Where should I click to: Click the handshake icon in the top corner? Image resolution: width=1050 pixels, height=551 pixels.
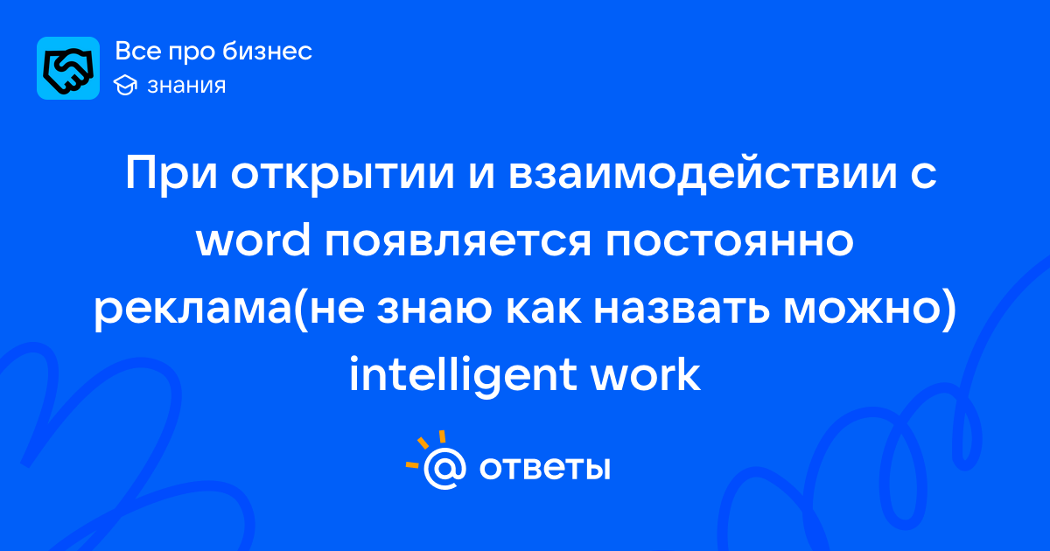click(68, 68)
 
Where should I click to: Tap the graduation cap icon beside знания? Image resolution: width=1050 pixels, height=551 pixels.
click(125, 85)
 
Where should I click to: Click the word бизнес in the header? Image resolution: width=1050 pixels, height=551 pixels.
click(267, 51)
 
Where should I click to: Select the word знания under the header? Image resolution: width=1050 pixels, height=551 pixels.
click(186, 86)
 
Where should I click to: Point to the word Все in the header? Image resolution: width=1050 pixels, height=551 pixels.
click(138, 51)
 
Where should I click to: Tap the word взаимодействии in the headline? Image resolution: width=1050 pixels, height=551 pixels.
click(703, 172)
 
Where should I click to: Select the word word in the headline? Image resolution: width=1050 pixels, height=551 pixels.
click(253, 241)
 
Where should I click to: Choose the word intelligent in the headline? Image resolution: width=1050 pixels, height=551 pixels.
click(463, 375)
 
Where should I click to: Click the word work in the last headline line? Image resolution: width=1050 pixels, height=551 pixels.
click(646, 375)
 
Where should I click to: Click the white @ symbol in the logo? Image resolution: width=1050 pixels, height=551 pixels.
click(444, 468)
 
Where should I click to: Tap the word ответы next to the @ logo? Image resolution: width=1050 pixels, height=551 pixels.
click(544, 468)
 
